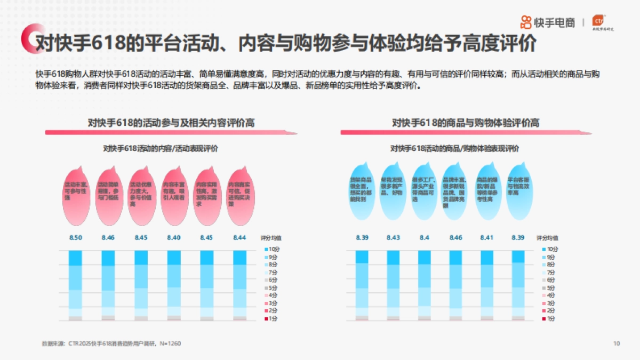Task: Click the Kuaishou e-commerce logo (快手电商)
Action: tap(548, 22)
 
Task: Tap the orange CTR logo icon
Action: tap(601, 21)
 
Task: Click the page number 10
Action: tap(617, 343)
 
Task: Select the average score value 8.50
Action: tap(76, 237)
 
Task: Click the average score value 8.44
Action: tap(239, 237)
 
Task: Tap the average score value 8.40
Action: tap(174, 237)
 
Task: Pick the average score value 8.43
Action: tap(393, 237)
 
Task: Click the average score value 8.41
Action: tap(487, 237)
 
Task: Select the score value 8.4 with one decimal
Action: tap(425, 237)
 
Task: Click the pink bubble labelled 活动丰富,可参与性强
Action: tap(76, 191)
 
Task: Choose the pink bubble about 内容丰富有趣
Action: tap(174, 191)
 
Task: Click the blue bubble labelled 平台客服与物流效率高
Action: tap(518, 189)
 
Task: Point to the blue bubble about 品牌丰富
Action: tap(455, 189)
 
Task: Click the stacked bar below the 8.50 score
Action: tap(76, 285)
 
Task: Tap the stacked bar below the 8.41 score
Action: tap(487, 285)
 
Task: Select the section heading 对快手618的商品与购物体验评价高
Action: tap(466, 123)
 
